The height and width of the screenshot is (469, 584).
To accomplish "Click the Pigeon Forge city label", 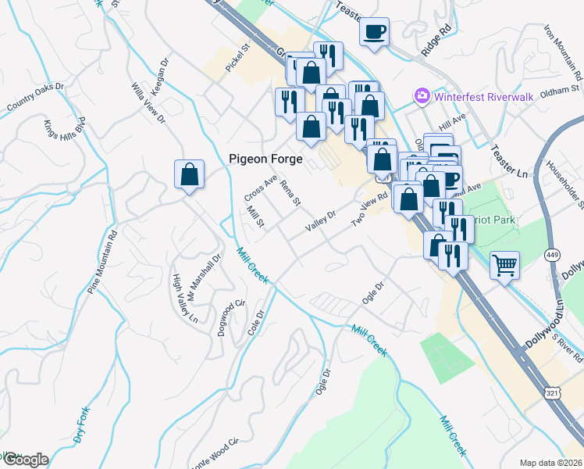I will click(x=263, y=158).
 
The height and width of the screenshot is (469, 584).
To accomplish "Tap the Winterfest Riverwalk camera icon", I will click(x=422, y=95).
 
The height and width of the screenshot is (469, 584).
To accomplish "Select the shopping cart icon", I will click(x=504, y=265).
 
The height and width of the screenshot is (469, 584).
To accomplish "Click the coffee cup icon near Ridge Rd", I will click(x=374, y=31).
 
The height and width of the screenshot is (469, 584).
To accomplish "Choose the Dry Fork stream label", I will click(x=84, y=425).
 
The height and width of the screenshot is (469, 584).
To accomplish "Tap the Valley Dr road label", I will click(x=320, y=220).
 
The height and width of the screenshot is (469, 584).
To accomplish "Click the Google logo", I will click(x=25, y=460).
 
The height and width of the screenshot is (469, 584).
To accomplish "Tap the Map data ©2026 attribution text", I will click(x=550, y=463).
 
